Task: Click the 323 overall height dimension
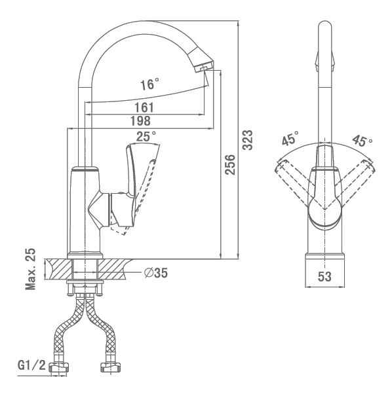(248, 140)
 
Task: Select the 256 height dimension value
(230, 165)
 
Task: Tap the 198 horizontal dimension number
(140, 121)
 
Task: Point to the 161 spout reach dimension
(144, 107)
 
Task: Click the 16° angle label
(149, 84)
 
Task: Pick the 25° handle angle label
(146, 137)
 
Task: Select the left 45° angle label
(290, 138)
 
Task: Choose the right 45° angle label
(363, 141)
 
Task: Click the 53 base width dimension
(324, 276)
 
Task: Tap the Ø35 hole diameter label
(156, 273)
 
